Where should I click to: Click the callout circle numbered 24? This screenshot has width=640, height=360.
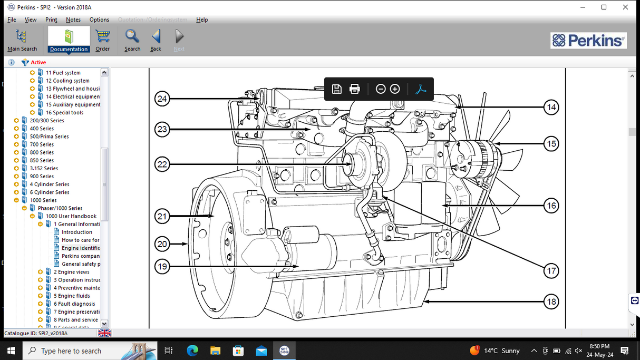pos(162,99)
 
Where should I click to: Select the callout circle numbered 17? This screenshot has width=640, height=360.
pos(551,271)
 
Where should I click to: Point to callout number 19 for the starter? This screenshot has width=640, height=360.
pos(162,266)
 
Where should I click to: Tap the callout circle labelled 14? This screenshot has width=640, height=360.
pos(551,108)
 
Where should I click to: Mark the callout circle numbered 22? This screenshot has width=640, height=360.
pos(162,164)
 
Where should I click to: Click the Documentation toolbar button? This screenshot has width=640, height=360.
pos(69,40)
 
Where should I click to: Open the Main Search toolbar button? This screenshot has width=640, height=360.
pos(22,40)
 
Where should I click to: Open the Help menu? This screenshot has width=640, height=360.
pos(202,20)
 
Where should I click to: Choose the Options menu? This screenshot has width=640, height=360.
pos(99,20)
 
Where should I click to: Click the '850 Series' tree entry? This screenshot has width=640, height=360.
pos(42,160)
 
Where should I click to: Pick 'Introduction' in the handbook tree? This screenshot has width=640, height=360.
pos(76,232)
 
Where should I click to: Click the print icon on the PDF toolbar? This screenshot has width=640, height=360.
pos(355,89)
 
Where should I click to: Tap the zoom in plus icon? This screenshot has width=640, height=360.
pos(395,89)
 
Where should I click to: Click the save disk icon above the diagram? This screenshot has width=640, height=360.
pos(337,89)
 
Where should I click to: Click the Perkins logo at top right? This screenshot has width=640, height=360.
pos(588,41)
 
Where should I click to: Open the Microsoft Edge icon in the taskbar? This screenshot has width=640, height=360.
pos(192,351)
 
